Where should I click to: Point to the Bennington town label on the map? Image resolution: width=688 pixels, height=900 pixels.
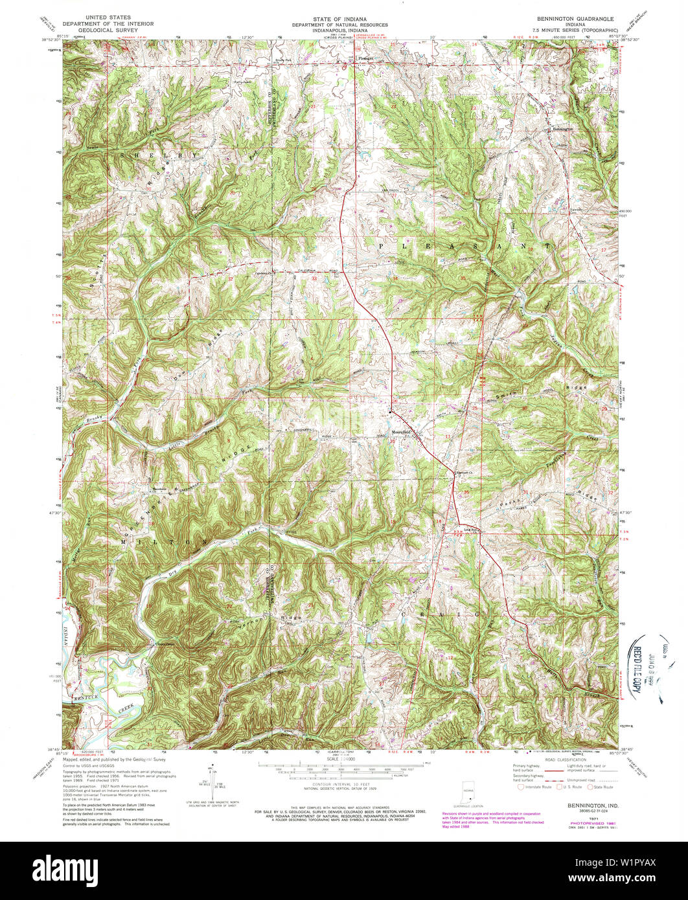562,128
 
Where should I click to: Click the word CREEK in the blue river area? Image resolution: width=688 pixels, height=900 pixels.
124,710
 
